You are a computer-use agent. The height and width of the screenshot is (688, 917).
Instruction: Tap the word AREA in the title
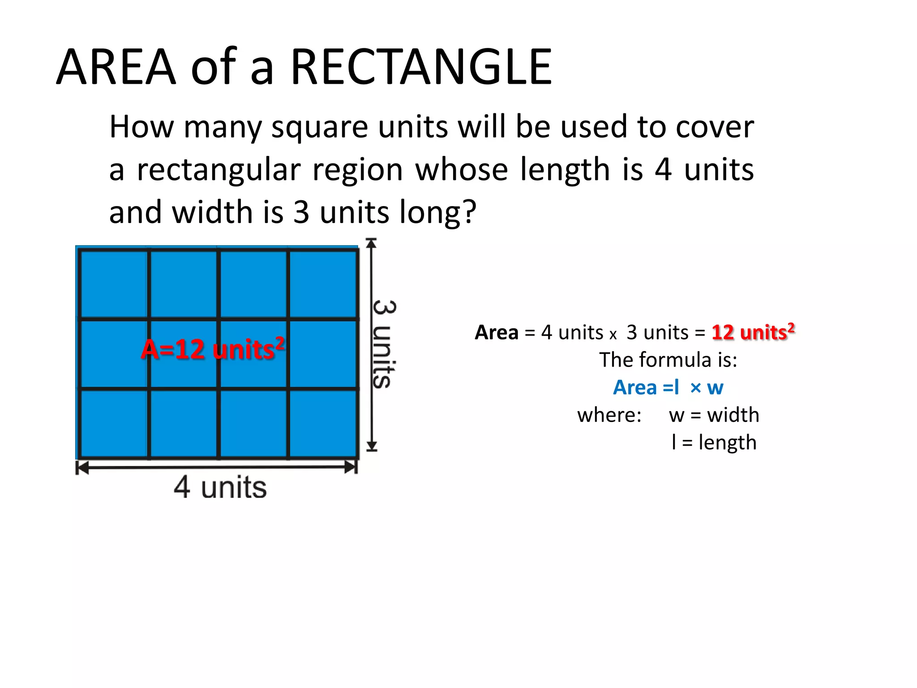point(116,67)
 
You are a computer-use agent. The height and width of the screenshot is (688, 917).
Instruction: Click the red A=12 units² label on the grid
point(213,349)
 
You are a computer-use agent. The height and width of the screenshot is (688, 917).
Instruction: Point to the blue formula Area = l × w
point(668,387)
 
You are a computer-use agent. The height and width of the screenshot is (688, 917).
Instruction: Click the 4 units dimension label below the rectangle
point(220,487)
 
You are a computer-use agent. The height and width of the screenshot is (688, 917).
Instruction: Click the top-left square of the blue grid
point(114,284)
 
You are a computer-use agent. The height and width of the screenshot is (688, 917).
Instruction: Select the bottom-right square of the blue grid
point(323,423)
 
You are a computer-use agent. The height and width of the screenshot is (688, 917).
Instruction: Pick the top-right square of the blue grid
point(323,284)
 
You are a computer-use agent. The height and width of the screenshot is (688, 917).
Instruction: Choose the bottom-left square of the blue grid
point(114,423)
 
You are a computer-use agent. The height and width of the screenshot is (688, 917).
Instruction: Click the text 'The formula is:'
point(668,360)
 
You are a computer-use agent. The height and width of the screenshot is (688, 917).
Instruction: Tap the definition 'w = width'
point(714,415)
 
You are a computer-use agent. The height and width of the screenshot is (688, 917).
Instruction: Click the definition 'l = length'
point(714,443)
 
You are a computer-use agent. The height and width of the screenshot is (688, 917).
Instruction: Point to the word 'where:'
point(609,415)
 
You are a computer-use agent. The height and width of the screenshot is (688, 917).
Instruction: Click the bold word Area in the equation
point(496,332)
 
